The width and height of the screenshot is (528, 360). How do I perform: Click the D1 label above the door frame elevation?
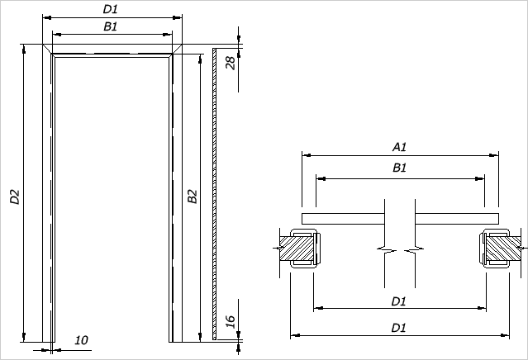[x=110, y=9]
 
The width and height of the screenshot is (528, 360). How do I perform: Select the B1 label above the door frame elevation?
[x=110, y=26]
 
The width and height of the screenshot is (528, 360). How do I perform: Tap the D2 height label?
[x=14, y=197]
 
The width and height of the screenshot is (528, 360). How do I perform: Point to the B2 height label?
[x=191, y=197]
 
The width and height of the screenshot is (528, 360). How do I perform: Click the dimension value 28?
[x=231, y=62]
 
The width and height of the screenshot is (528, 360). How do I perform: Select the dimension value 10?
[x=81, y=339]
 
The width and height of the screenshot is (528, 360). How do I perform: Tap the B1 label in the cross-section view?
[x=399, y=168]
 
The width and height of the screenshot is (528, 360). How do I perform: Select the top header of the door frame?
[x=112, y=52]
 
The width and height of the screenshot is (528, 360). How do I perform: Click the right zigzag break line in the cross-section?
[x=415, y=248]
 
